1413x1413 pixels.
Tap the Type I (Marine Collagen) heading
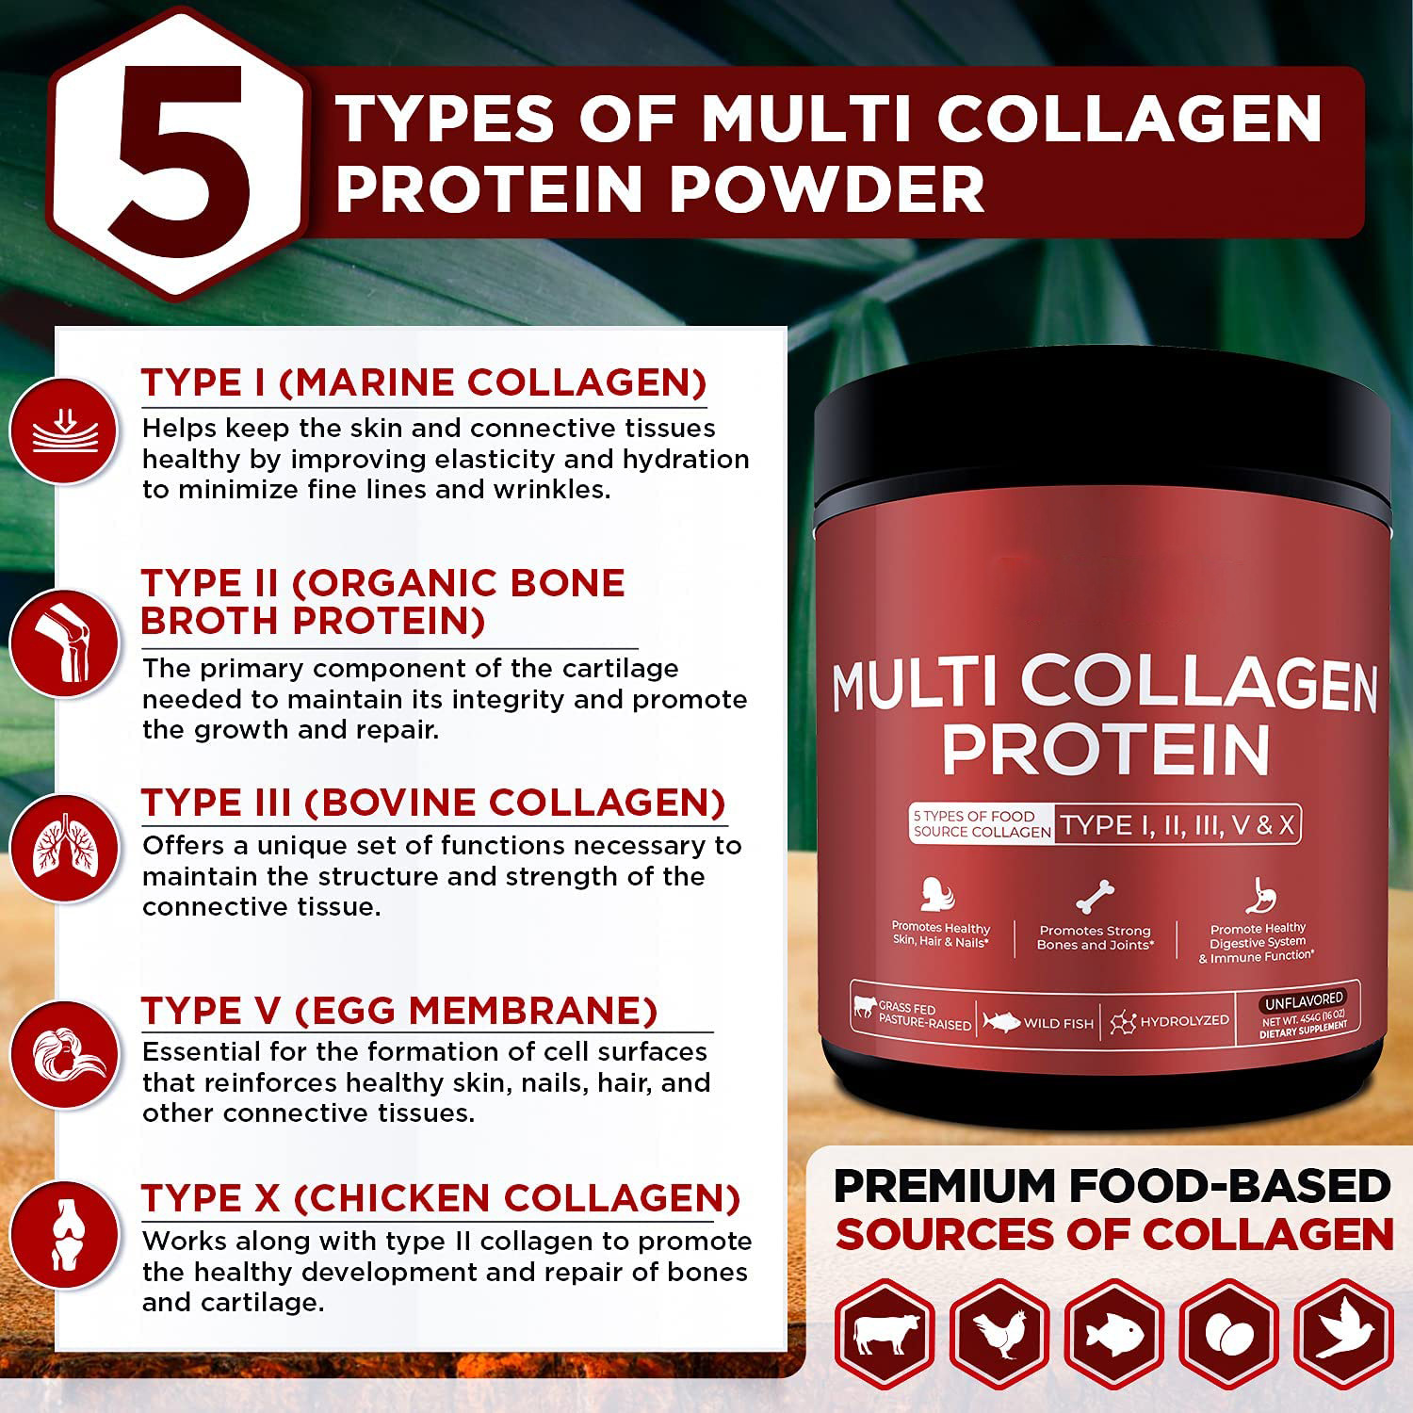[424, 383]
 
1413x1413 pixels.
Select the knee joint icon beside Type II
[63, 644]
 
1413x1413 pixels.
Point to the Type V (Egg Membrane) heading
[399, 1011]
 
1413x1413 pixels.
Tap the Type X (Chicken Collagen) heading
[441, 1198]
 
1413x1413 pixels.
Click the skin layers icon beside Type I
[63, 430]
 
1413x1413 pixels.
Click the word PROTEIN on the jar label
[1106, 750]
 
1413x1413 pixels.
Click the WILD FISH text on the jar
[1058, 1023]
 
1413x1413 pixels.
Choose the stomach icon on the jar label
[1259, 897]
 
